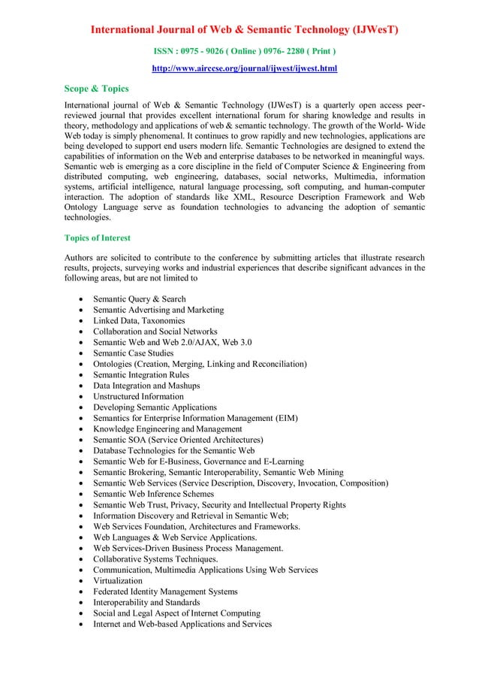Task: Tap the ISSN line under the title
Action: coord(244,51)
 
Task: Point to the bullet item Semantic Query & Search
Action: coord(140,299)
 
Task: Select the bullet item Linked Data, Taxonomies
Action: coord(139,321)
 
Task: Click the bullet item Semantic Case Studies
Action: coord(133,353)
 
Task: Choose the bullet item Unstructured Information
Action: coord(138,396)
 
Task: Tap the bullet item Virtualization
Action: coord(117,581)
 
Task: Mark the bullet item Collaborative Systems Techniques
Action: coord(155,559)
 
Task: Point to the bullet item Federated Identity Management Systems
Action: coord(165,592)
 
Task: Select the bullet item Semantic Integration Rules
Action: coord(141,375)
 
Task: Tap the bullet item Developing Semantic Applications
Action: coord(155,407)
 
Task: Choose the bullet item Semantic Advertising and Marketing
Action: coord(158,310)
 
